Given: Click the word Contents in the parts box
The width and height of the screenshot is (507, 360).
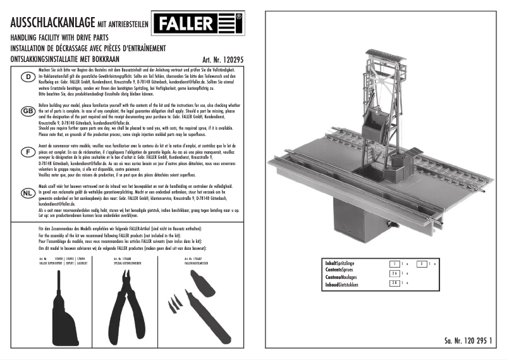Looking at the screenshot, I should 334,269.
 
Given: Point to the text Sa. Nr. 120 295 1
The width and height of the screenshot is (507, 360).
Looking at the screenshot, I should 467,340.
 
